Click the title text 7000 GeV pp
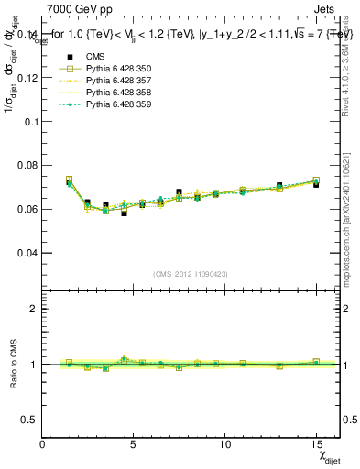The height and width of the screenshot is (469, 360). tap(80, 10)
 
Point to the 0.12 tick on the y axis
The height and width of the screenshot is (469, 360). tap(27, 78)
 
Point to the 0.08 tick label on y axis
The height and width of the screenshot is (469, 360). tap(27, 165)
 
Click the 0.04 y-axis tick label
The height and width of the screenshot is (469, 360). tap(27, 252)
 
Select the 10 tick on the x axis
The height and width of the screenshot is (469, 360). tap(224, 445)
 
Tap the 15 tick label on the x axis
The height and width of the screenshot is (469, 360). tap(316, 445)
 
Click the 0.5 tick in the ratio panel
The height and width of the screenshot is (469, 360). tap(29, 420)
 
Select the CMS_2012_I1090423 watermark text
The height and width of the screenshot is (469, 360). tap(190, 274)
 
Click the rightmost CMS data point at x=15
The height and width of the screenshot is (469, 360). tap(316, 184)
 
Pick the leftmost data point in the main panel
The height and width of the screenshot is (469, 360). tap(69, 181)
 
